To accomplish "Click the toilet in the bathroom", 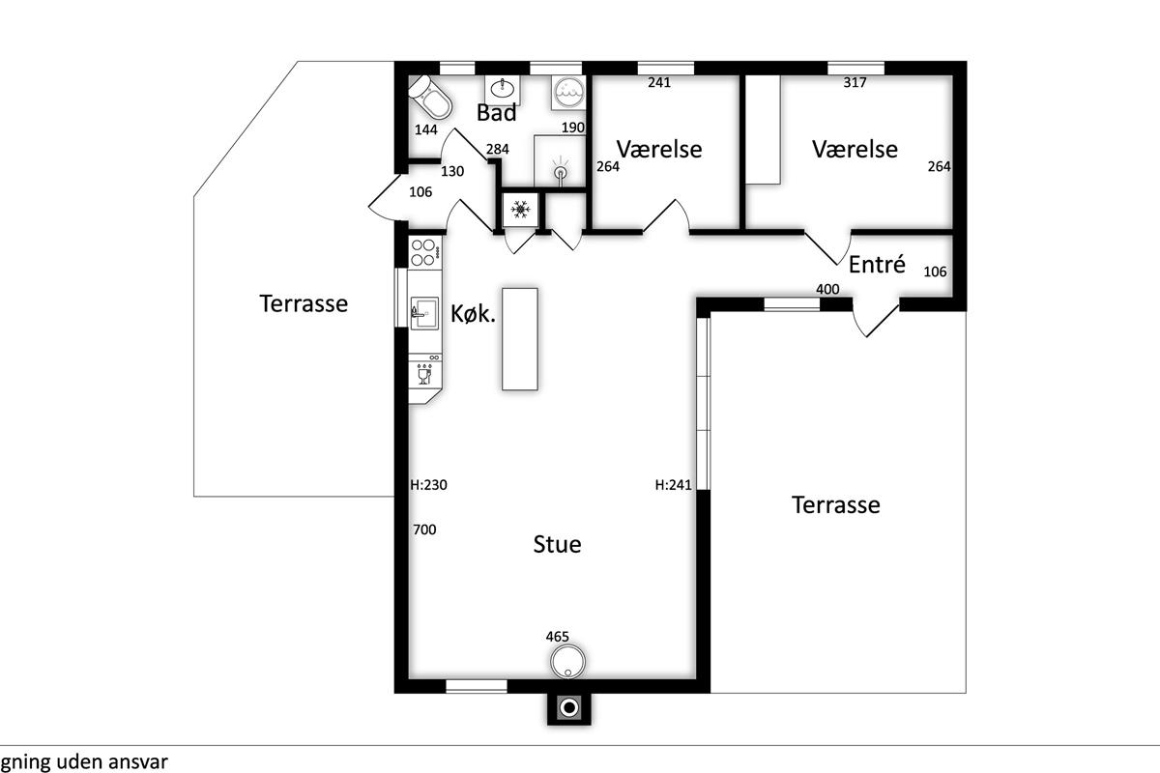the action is point(430,98).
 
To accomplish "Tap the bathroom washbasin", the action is point(503,90).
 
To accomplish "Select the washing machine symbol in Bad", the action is point(568,93).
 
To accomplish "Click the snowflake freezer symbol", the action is point(520,209).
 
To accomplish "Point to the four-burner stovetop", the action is point(424,252).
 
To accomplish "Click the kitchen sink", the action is point(424,313).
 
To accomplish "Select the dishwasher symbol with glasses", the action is point(424,374).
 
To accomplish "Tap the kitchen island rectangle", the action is point(520,339).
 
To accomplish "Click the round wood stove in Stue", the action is point(568,661).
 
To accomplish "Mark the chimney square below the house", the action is point(569,707).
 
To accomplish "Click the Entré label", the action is point(877,265).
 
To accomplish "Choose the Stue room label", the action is point(557,544).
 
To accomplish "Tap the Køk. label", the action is point(473,314).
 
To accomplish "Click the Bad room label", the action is point(496,112).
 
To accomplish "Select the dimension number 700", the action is point(424,530).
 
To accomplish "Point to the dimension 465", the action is point(557,637).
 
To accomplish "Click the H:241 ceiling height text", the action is point(673,485).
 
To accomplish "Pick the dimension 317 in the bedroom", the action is point(855,82).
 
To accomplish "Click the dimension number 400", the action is point(827,289).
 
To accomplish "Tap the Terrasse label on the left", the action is point(304,303).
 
